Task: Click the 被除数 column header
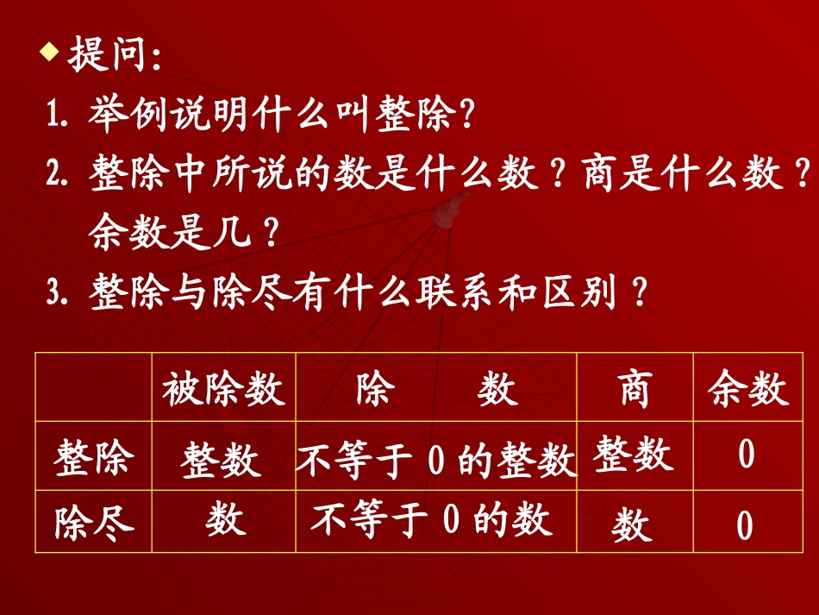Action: (x=223, y=390)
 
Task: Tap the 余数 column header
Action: (x=748, y=390)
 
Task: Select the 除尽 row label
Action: (x=93, y=522)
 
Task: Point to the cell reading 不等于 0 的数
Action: (x=431, y=520)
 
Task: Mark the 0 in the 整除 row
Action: (x=747, y=455)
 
